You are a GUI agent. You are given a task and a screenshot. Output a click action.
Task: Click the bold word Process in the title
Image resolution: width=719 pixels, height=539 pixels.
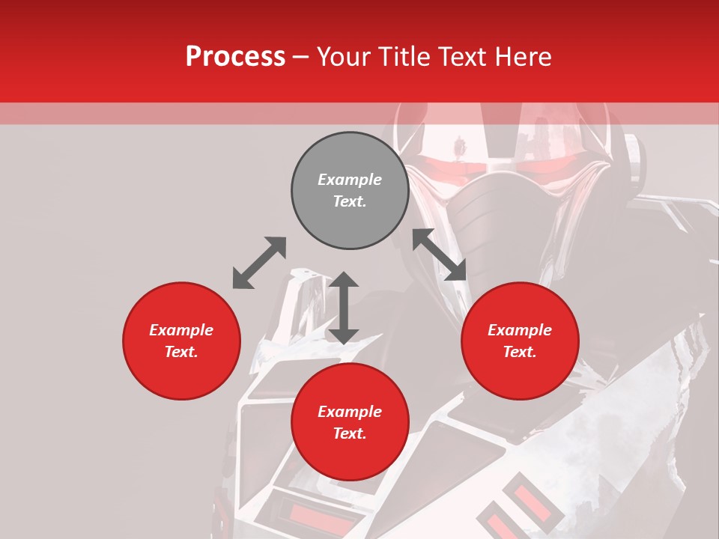(x=235, y=57)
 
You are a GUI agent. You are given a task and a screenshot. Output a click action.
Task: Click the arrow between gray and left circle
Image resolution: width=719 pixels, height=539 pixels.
(x=259, y=263)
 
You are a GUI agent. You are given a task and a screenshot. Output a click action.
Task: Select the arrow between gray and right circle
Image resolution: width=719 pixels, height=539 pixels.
(x=440, y=255)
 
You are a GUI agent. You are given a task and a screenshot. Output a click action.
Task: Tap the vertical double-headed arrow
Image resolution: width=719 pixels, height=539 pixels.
(x=344, y=308)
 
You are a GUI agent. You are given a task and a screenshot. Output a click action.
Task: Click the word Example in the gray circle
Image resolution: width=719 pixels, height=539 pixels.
(x=350, y=180)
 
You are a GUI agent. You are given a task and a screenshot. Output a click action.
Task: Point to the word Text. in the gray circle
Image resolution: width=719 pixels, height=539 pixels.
(x=350, y=201)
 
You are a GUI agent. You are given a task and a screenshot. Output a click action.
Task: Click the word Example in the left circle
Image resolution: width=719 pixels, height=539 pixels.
(x=181, y=330)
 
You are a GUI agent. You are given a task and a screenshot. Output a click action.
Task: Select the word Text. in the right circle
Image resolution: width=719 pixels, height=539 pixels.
(x=520, y=352)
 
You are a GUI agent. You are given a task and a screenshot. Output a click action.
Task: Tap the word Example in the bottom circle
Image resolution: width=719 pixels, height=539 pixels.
(x=350, y=412)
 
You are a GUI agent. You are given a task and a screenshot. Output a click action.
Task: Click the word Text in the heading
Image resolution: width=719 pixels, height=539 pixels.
(x=458, y=57)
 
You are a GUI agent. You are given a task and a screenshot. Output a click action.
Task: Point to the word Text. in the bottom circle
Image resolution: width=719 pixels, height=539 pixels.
(x=350, y=433)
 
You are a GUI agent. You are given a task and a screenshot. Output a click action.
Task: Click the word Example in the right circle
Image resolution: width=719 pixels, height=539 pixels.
(x=520, y=330)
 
